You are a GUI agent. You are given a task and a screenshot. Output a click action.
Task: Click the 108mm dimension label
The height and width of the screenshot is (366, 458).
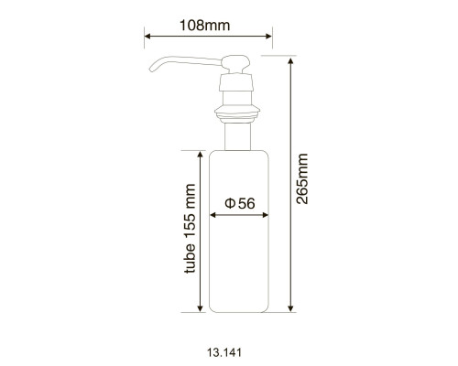coord(204,26)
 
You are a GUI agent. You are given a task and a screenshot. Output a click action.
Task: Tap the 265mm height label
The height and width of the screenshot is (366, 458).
coord(302,178)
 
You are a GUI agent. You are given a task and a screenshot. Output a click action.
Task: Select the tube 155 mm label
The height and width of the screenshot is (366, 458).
coord(190,229)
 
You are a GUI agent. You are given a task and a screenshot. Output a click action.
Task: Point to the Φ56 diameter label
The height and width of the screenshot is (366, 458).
coord(240,203)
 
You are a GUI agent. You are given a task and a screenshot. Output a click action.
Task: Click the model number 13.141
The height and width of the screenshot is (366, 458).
coord(224,352)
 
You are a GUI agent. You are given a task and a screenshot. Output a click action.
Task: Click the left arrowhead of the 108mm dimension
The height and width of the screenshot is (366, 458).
coord(147,37)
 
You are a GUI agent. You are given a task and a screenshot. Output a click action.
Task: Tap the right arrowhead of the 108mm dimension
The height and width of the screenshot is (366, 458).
coord(268,37)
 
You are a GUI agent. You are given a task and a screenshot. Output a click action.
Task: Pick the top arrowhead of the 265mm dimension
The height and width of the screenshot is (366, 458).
coord(290,60)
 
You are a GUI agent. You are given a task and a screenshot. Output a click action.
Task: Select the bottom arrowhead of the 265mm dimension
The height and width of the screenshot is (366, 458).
coord(290,308)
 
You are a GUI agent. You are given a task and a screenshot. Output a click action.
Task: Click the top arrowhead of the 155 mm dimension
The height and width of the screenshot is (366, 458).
coord(200,155)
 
